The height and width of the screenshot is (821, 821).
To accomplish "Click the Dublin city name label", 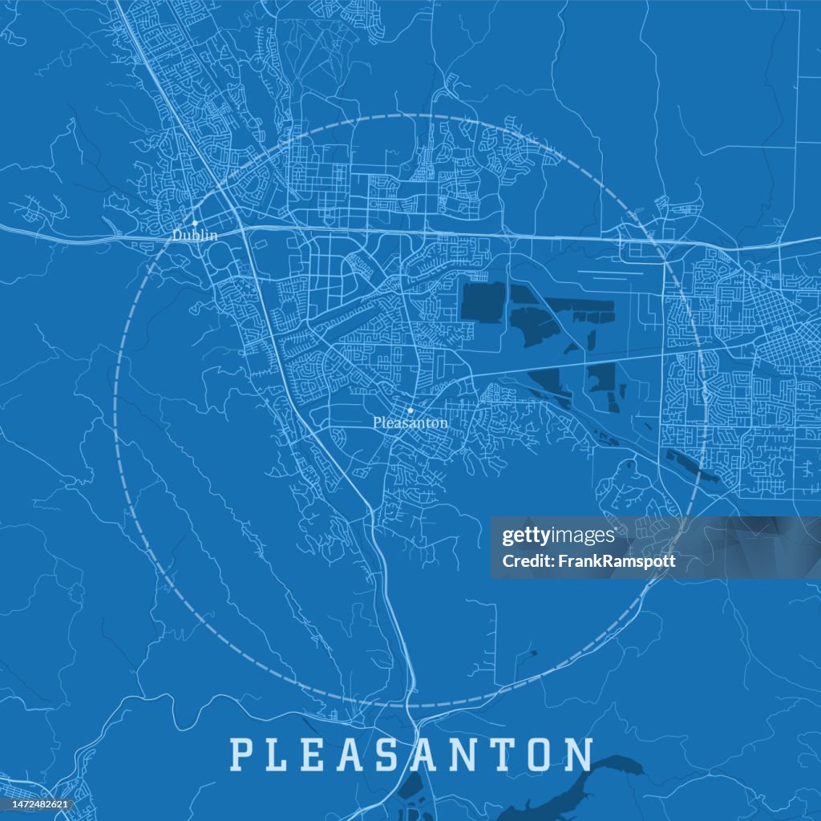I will (195, 236).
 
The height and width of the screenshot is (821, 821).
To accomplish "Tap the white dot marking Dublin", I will (195, 224).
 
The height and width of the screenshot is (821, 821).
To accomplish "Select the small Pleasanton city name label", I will (410, 423).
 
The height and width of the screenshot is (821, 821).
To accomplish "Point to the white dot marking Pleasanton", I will (410, 410).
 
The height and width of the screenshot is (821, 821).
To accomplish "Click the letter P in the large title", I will (242, 754).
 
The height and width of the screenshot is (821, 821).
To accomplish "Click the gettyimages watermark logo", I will (558, 536).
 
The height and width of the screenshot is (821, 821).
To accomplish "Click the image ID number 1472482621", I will (37, 804).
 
